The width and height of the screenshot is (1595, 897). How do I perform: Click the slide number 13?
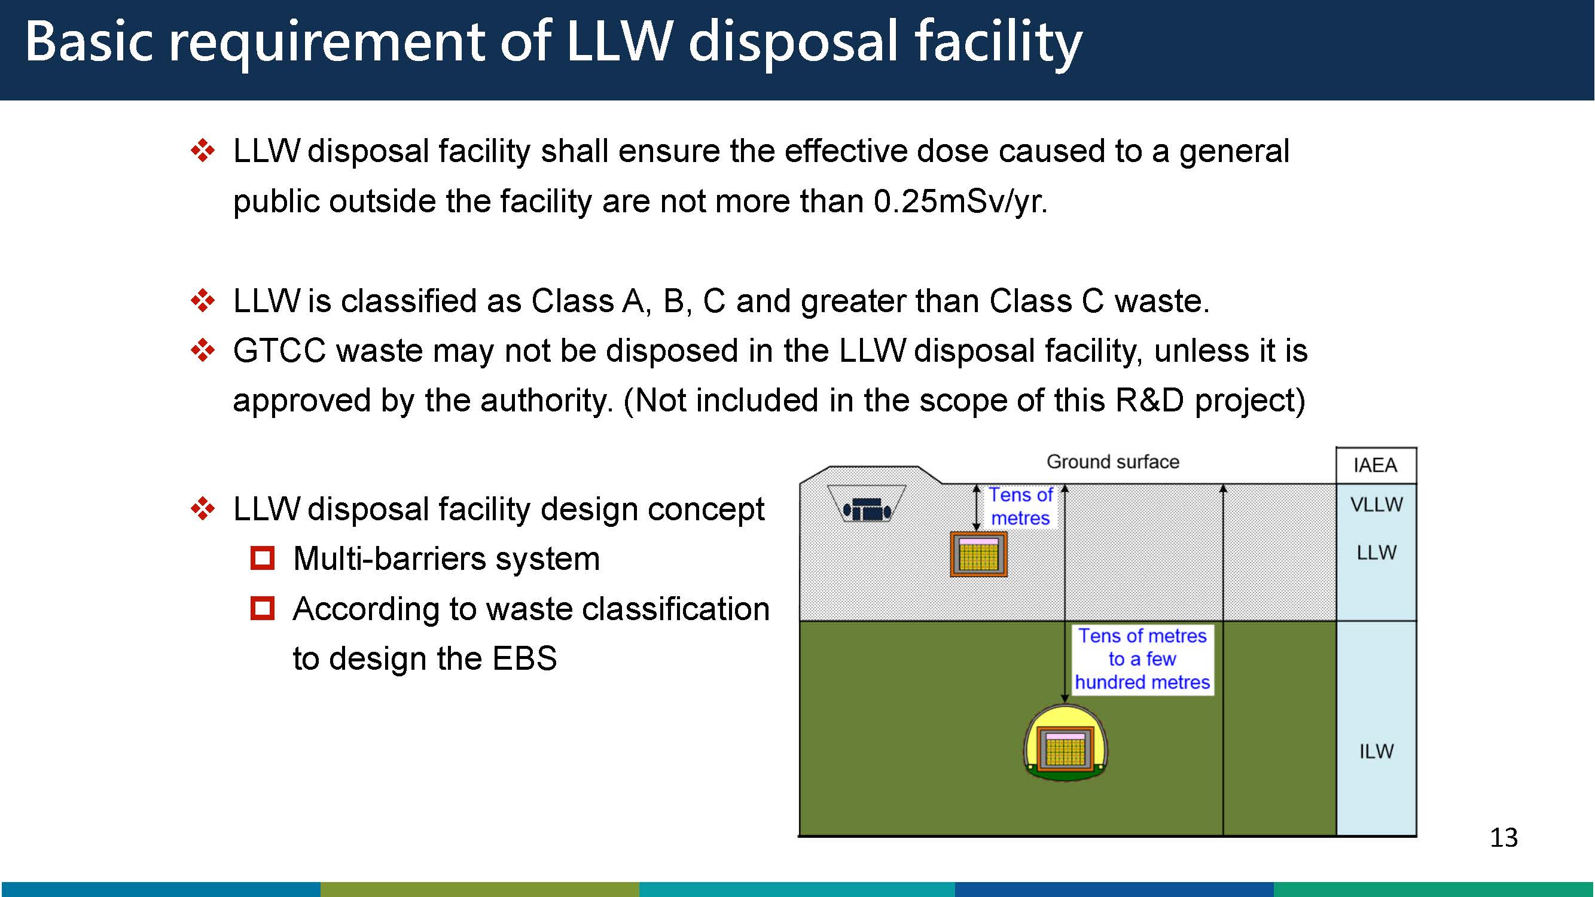coord(1503,838)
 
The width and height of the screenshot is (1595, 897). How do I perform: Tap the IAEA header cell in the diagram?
coord(1376,465)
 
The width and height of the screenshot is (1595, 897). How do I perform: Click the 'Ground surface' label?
coord(1112,462)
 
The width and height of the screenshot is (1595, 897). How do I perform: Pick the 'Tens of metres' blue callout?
coord(1020,507)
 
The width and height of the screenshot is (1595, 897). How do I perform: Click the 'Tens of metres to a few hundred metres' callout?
coord(1142,659)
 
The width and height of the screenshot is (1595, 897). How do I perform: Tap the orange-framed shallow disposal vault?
coord(978,554)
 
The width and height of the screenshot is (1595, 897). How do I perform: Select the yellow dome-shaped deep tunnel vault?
coord(1065,743)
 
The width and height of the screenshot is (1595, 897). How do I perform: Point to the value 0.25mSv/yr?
coord(960,202)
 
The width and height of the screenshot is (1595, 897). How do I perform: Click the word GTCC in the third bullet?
coord(279,351)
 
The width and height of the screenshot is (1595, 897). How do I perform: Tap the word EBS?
coord(524,658)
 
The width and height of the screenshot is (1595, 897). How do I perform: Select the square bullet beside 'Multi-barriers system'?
coord(263,559)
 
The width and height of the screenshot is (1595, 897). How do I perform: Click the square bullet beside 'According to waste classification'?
coord(263,609)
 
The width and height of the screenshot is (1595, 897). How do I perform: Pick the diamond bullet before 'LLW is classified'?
coord(203,301)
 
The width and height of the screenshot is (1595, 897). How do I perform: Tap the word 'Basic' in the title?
coord(89,41)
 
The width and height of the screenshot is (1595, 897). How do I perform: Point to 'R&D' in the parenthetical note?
coord(1149,401)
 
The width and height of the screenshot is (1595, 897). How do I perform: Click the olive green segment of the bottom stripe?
coord(479,890)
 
